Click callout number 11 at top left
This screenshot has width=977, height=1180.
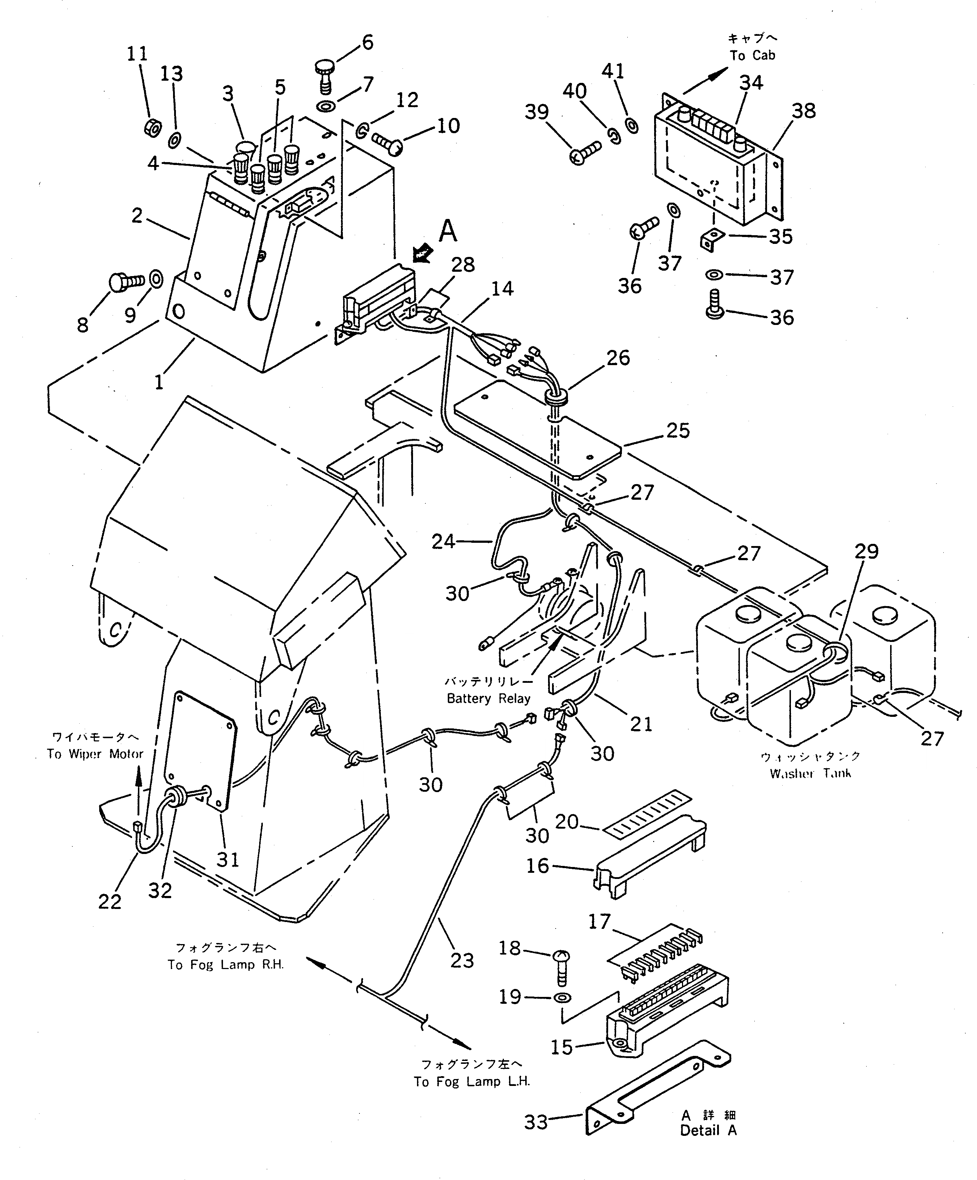[x=136, y=54]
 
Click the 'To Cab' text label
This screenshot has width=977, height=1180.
[x=752, y=55]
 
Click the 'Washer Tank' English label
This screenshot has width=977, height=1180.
[x=810, y=773]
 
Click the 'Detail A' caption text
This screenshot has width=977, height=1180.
[x=708, y=1130]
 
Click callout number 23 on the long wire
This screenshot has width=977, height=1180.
[x=462, y=960]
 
